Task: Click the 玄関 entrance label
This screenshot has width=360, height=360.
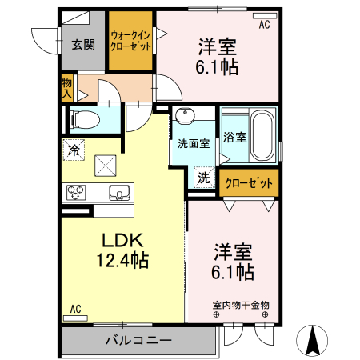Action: (x=82, y=44)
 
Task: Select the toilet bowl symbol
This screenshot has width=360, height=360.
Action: (x=86, y=120)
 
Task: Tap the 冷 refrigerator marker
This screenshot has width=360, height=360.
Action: (x=74, y=150)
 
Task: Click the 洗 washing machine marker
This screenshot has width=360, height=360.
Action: (x=203, y=178)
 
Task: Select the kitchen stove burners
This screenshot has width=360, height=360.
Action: (x=77, y=192)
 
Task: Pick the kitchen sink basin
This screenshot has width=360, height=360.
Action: (x=119, y=193)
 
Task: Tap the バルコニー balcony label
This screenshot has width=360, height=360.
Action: (x=138, y=341)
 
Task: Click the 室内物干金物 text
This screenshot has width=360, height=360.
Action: (x=240, y=305)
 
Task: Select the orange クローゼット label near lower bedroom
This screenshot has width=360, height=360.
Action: (x=249, y=183)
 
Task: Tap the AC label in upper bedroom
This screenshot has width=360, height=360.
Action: (x=264, y=25)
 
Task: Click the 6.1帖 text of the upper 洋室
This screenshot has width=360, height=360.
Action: (x=217, y=67)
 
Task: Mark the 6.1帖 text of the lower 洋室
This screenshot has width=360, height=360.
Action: (x=234, y=273)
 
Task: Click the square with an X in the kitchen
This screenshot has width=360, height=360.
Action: (x=106, y=165)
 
